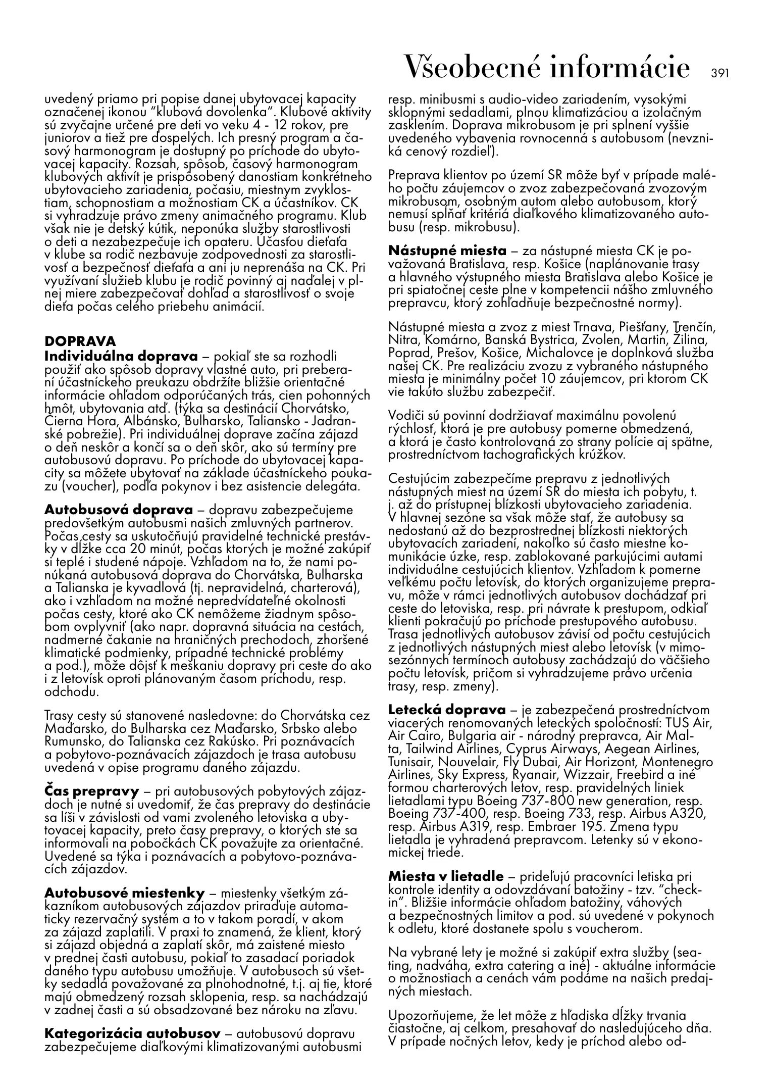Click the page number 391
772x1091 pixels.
click(x=720, y=73)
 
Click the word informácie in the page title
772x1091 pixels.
click(x=619, y=67)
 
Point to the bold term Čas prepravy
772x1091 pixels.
click(x=91, y=791)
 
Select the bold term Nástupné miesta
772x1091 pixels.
click(x=447, y=251)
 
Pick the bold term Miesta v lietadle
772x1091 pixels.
click(x=446, y=876)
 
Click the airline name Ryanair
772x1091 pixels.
click(x=535, y=775)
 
